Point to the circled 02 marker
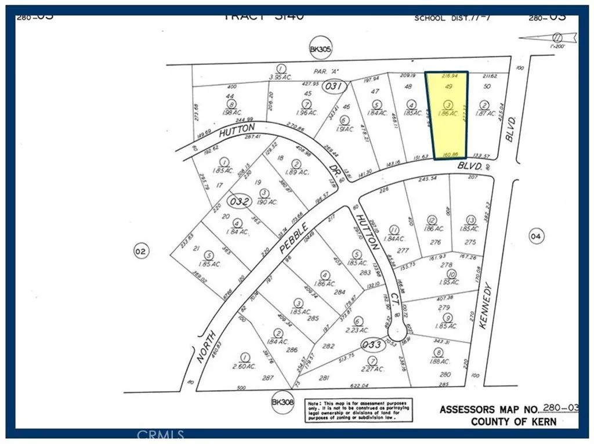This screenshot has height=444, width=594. coord(140,251)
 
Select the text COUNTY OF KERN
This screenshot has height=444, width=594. coord(513,421)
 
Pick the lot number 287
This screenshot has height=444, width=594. coord(267,377)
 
